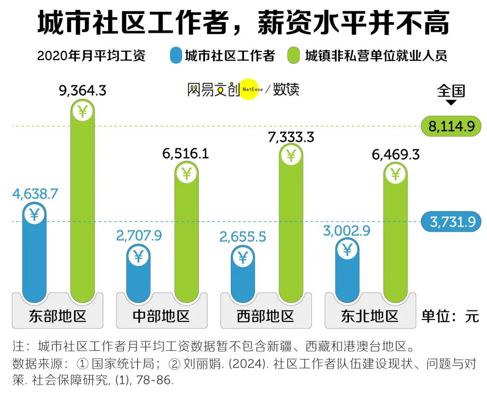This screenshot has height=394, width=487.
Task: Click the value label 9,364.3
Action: [83, 91]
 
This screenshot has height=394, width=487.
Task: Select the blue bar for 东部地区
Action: [34, 257]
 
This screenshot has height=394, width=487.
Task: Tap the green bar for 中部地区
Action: [186, 239]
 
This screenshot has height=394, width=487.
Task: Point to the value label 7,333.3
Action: [291, 137]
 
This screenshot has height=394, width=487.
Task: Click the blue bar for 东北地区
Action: [347, 275]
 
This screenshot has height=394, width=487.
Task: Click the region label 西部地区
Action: [265, 316]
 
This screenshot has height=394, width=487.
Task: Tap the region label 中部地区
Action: [161, 316]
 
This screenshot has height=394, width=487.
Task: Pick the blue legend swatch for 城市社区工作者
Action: [176, 56]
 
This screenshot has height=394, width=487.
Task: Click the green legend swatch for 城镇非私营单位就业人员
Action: [294, 56]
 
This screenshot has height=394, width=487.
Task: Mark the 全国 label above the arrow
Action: [451, 91]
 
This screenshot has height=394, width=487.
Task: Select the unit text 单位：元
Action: [450, 316]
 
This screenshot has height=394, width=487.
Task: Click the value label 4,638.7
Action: [35, 194]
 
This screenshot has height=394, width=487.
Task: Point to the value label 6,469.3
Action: [396, 155]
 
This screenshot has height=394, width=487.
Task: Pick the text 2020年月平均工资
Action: [91, 56]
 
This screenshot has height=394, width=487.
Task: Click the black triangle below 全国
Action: [451, 103]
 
